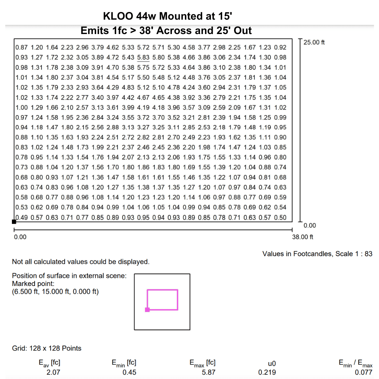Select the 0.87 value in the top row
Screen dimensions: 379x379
[x=22, y=47]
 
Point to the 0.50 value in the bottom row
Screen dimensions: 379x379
[x=280, y=217]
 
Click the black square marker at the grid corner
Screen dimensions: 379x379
[x=14, y=221]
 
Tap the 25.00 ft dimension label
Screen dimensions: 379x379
[x=314, y=42]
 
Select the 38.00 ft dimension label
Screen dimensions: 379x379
[x=302, y=237]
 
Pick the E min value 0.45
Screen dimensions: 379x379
[x=129, y=372]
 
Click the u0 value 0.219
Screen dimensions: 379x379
[x=267, y=372]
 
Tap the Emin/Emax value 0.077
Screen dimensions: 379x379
[x=364, y=372]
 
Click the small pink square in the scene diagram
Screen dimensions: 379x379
[x=147, y=310]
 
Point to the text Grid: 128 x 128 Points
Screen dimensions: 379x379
[x=47, y=348]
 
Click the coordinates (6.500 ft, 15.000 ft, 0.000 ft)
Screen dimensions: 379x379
[x=55, y=291]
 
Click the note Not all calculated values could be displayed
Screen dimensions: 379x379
[x=81, y=261]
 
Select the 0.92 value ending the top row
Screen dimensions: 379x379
[x=280, y=47]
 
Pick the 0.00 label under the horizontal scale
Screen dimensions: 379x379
[x=20, y=237]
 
